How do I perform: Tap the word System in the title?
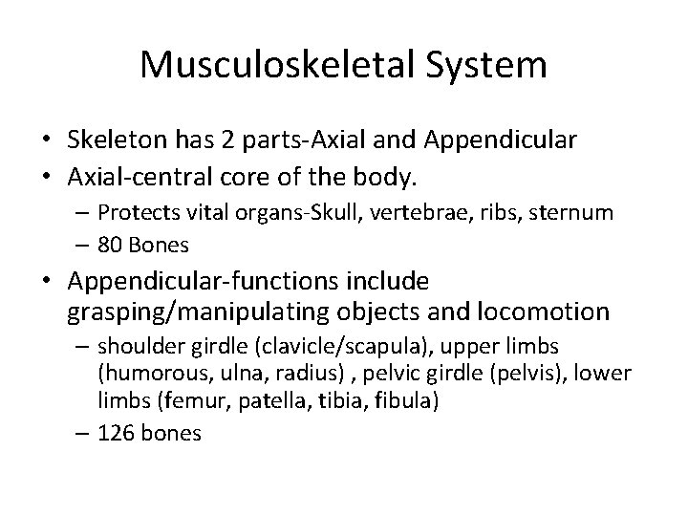point(488,66)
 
